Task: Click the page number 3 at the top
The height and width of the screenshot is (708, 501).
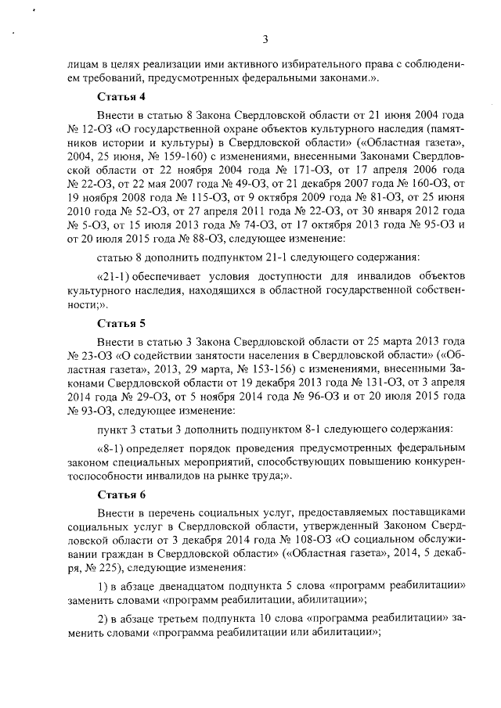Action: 265,40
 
